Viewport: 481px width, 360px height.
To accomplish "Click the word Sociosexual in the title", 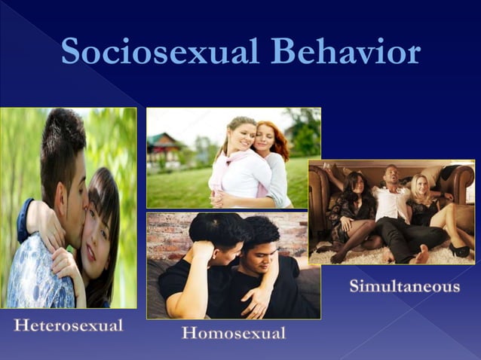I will (x=161, y=52).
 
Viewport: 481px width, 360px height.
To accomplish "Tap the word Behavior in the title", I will (x=346, y=52).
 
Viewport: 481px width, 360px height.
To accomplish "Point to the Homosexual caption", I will (x=234, y=333).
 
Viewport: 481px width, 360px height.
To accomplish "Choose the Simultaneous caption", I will (x=404, y=286).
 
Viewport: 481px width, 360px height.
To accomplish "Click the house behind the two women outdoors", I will (x=165, y=147).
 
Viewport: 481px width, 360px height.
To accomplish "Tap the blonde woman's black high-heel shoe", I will (x=458, y=250).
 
